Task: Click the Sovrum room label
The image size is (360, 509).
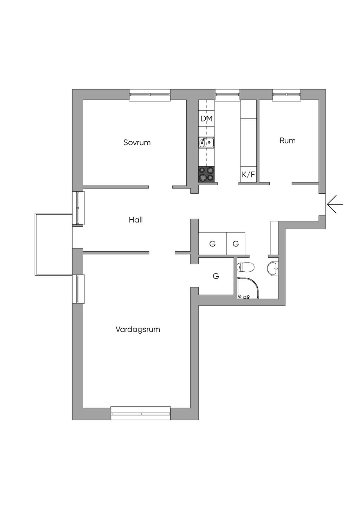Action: pos(137,142)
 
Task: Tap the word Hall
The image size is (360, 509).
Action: pos(136,220)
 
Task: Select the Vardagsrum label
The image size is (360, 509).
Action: pos(138,329)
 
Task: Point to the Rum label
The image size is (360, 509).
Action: pos(287,141)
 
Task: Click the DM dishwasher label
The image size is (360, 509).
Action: pos(206,119)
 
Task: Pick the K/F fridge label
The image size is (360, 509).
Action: pos(248,174)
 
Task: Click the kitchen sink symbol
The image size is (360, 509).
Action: pos(207,142)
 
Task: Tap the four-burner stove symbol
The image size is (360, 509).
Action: pos(206,174)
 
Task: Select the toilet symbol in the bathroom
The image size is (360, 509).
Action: pos(246,268)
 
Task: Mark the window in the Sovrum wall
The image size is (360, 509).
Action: pos(150,95)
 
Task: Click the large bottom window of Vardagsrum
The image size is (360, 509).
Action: pos(141,413)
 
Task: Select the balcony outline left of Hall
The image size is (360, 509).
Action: pos(53,244)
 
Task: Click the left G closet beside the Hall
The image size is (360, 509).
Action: pos(212,244)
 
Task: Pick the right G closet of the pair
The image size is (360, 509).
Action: pos(236,244)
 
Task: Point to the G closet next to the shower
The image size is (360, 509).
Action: pos(216,276)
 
